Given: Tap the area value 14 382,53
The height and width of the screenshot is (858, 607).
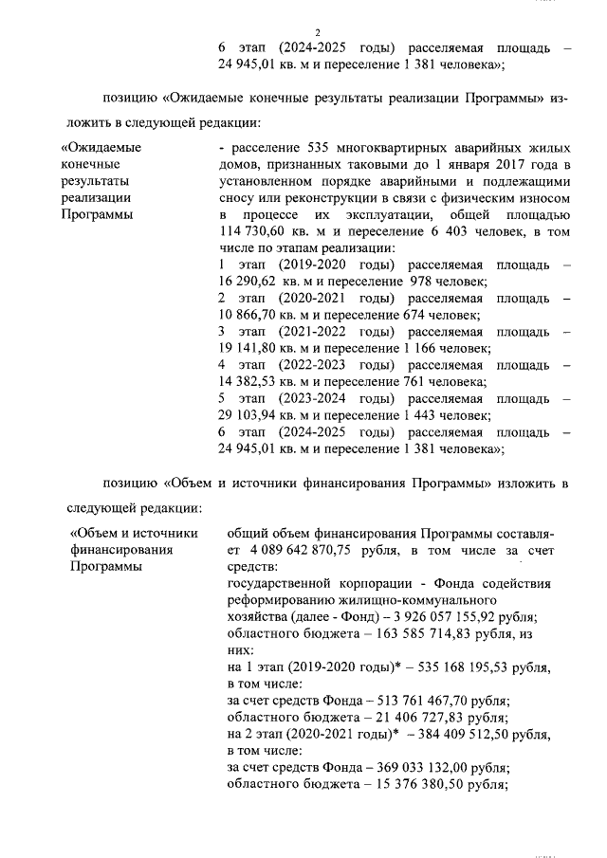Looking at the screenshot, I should click(x=249, y=382).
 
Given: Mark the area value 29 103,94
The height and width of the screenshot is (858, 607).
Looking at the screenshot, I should click(x=249, y=415).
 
